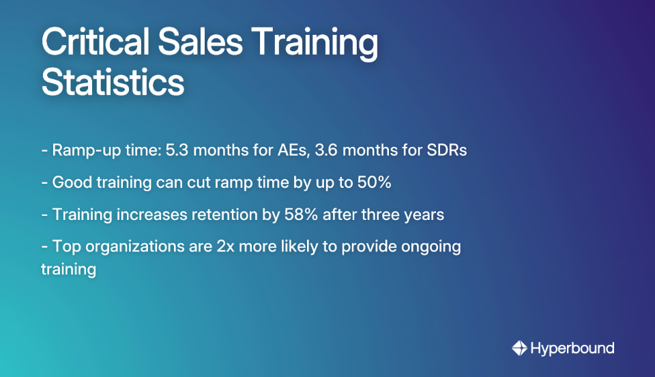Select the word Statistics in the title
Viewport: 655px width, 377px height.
coord(113,83)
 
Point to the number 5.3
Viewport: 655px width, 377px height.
coord(174,150)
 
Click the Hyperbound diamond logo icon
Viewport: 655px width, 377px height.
coord(520,348)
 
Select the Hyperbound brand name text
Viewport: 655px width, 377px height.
coord(572,348)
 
